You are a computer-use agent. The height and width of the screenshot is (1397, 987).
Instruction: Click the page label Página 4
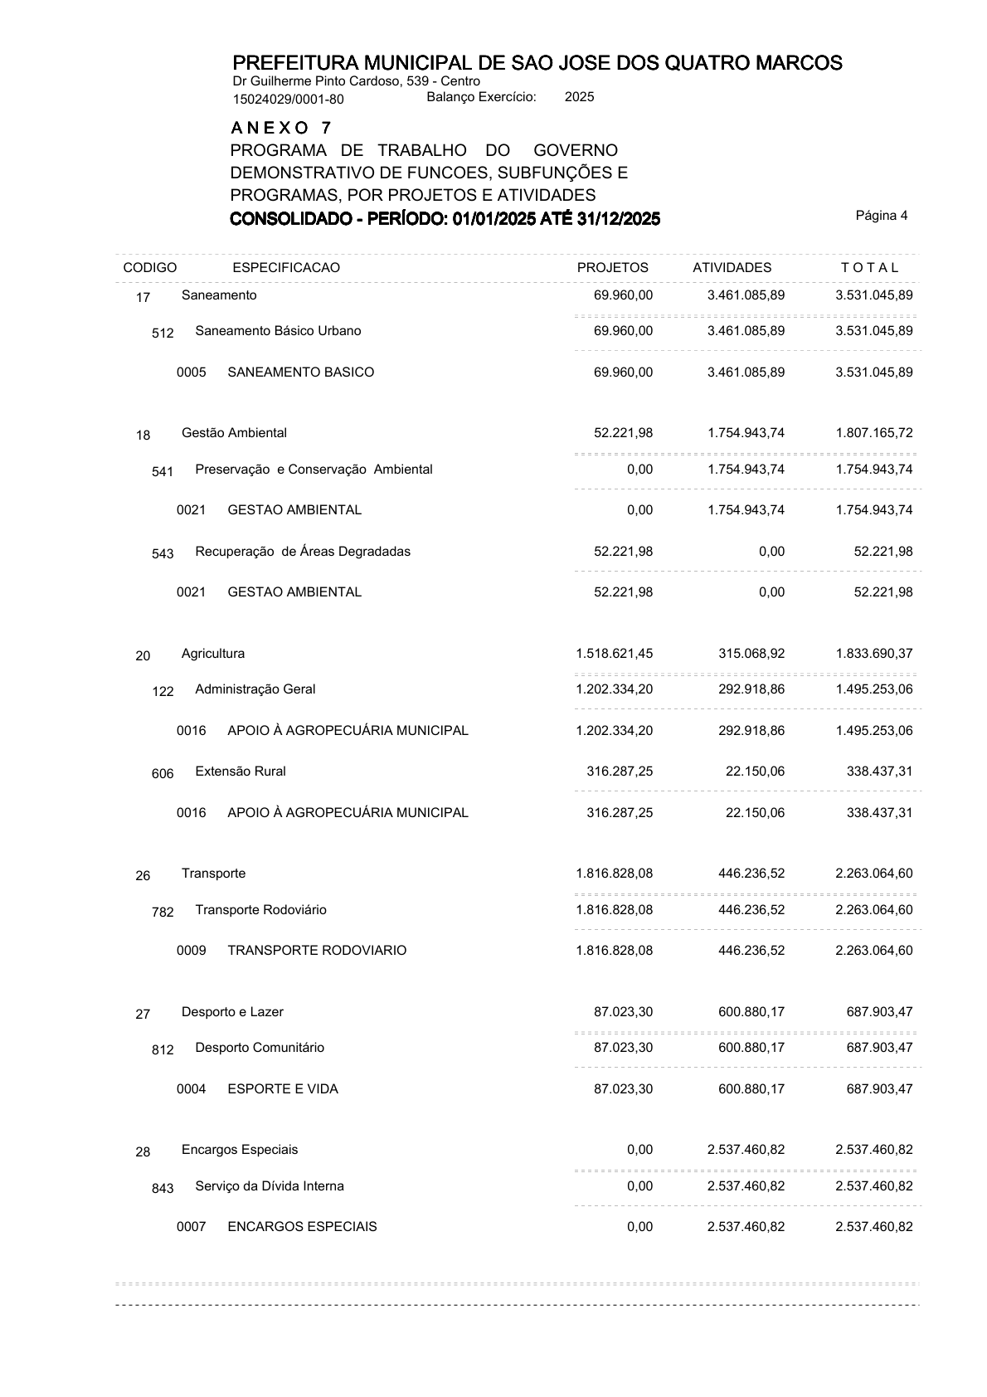click(x=881, y=216)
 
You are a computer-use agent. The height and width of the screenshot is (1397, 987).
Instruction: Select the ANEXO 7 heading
click(x=281, y=129)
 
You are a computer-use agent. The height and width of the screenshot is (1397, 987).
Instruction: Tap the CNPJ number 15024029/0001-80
click(x=288, y=100)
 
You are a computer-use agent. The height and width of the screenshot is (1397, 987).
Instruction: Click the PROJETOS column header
click(x=612, y=268)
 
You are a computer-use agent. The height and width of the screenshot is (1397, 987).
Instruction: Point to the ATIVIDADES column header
click(x=732, y=268)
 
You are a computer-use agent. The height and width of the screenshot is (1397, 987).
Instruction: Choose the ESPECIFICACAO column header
click(x=286, y=268)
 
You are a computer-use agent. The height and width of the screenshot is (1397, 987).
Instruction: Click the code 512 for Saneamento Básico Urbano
click(x=163, y=333)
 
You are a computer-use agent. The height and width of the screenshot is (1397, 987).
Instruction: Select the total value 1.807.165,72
click(x=874, y=433)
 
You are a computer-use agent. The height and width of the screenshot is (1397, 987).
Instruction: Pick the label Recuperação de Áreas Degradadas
click(x=303, y=552)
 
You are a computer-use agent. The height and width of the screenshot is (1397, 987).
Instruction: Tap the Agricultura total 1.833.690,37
click(x=874, y=654)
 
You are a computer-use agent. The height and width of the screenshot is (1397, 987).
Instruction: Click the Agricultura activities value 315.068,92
click(x=751, y=654)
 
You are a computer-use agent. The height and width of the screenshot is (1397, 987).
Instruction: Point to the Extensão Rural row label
click(x=241, y=772)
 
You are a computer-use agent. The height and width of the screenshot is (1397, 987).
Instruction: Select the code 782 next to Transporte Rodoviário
click(x=163, y=913)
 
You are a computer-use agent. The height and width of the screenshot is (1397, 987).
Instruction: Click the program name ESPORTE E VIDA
click(x=283, y=1089)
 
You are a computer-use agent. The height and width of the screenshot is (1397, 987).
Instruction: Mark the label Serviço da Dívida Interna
click(x=270, y=1186)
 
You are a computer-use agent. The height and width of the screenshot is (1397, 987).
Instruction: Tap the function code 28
click(x=143, y=1152)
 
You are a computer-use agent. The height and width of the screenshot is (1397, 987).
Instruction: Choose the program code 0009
click(x=191, y=951)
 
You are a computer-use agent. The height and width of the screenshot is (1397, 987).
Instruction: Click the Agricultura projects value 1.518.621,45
click(x=614, y=654)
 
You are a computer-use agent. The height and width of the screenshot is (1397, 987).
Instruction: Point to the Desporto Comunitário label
click(x=260, y=1048)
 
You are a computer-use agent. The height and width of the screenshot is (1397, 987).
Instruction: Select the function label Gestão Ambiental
click(x=234, y=433)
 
